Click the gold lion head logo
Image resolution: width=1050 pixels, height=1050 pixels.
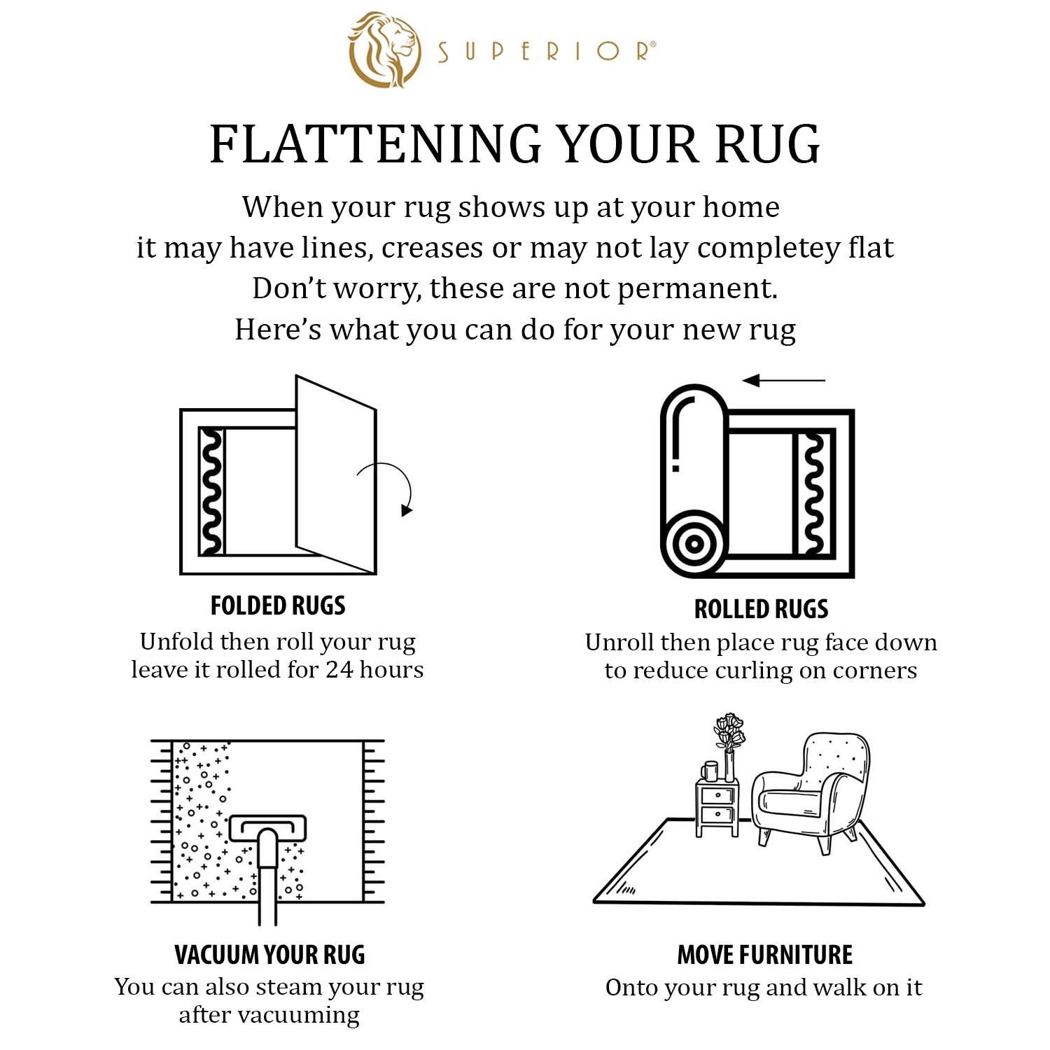point(384,50)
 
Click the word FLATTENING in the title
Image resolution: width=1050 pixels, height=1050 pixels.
point(375,144)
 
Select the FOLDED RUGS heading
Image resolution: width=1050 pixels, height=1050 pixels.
point(278,605)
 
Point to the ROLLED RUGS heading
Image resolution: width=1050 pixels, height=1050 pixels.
point(761,609)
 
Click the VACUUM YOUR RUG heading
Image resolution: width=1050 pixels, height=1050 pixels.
point(269,955)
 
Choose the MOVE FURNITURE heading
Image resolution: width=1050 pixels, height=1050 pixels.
point(764,955)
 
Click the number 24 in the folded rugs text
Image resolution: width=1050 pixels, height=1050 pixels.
point(339,670)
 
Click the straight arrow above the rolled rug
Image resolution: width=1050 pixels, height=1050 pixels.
point(784,381)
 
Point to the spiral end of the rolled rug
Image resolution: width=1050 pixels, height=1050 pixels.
point(693,543)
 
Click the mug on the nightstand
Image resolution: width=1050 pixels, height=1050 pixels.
point(709,771)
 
